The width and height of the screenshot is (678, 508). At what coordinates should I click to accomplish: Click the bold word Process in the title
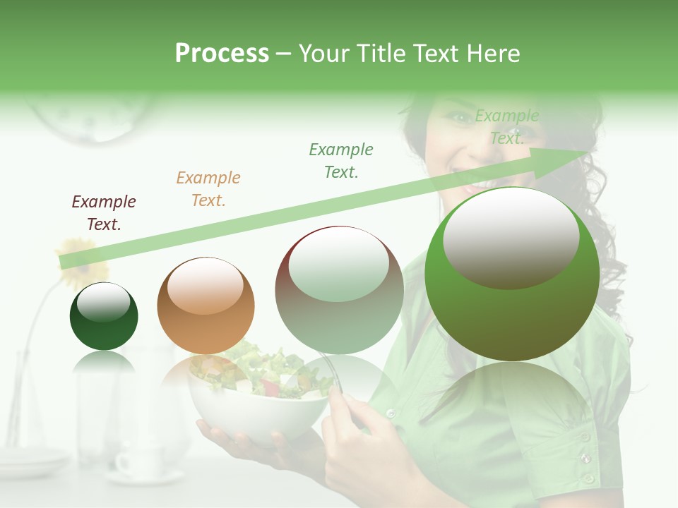(222, 54)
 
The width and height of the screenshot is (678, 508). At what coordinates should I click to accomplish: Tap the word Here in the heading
(493, 54)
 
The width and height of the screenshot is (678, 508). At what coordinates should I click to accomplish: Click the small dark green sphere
(104, 316)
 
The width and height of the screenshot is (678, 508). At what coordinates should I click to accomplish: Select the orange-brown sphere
(206, 306)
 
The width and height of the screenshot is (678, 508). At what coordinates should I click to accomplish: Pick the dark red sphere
(339, 290)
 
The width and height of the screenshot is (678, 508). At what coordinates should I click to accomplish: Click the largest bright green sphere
(512, 274)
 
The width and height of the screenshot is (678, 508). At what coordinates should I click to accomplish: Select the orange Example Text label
(208, 189)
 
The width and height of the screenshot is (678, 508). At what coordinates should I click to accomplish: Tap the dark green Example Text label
(341, 160)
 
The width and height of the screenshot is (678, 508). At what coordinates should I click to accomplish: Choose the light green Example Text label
(507, 127)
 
